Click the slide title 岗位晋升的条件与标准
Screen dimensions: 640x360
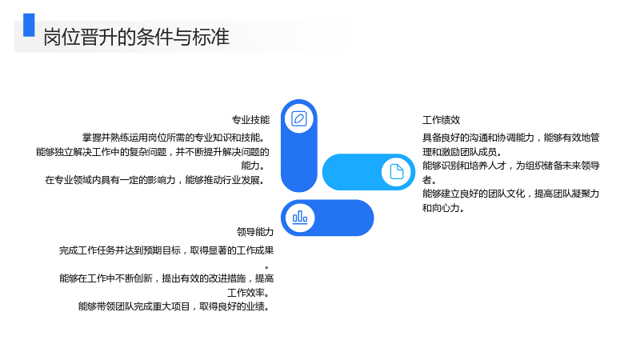pos(136,37)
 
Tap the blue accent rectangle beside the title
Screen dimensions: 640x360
pos(29,25)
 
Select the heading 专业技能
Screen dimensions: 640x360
pos(250,120)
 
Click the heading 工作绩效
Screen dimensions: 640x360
pos(442,120)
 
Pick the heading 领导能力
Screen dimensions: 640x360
pos(255,232)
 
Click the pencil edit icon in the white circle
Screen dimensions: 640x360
pos(299,118)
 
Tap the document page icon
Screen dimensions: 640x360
pos(396,172)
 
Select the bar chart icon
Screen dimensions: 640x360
pos(300,218)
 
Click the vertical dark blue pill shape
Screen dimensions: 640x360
pos(299,146)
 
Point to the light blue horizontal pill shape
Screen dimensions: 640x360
pos(369,172)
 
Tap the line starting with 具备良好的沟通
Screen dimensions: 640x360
pos(510,138)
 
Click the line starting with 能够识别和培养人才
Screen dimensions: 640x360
pos(510,166)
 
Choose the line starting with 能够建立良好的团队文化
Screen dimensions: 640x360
pos(510,194)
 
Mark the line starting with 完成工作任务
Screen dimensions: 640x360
pos(166,250)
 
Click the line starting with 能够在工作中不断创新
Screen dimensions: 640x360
pos(166,278)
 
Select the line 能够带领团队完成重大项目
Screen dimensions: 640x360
pos(174,306)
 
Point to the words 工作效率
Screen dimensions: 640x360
pos(246,293)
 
